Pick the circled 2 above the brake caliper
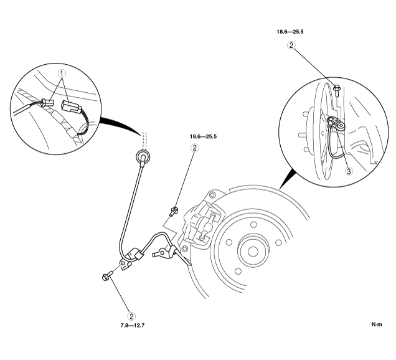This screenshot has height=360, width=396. point(194,148)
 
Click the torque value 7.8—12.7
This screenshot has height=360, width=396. point(131,325)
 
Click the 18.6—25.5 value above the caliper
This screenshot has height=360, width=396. point(203,135)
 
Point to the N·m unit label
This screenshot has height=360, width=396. point(377,324)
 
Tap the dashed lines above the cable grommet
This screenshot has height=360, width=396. point(144,137)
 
